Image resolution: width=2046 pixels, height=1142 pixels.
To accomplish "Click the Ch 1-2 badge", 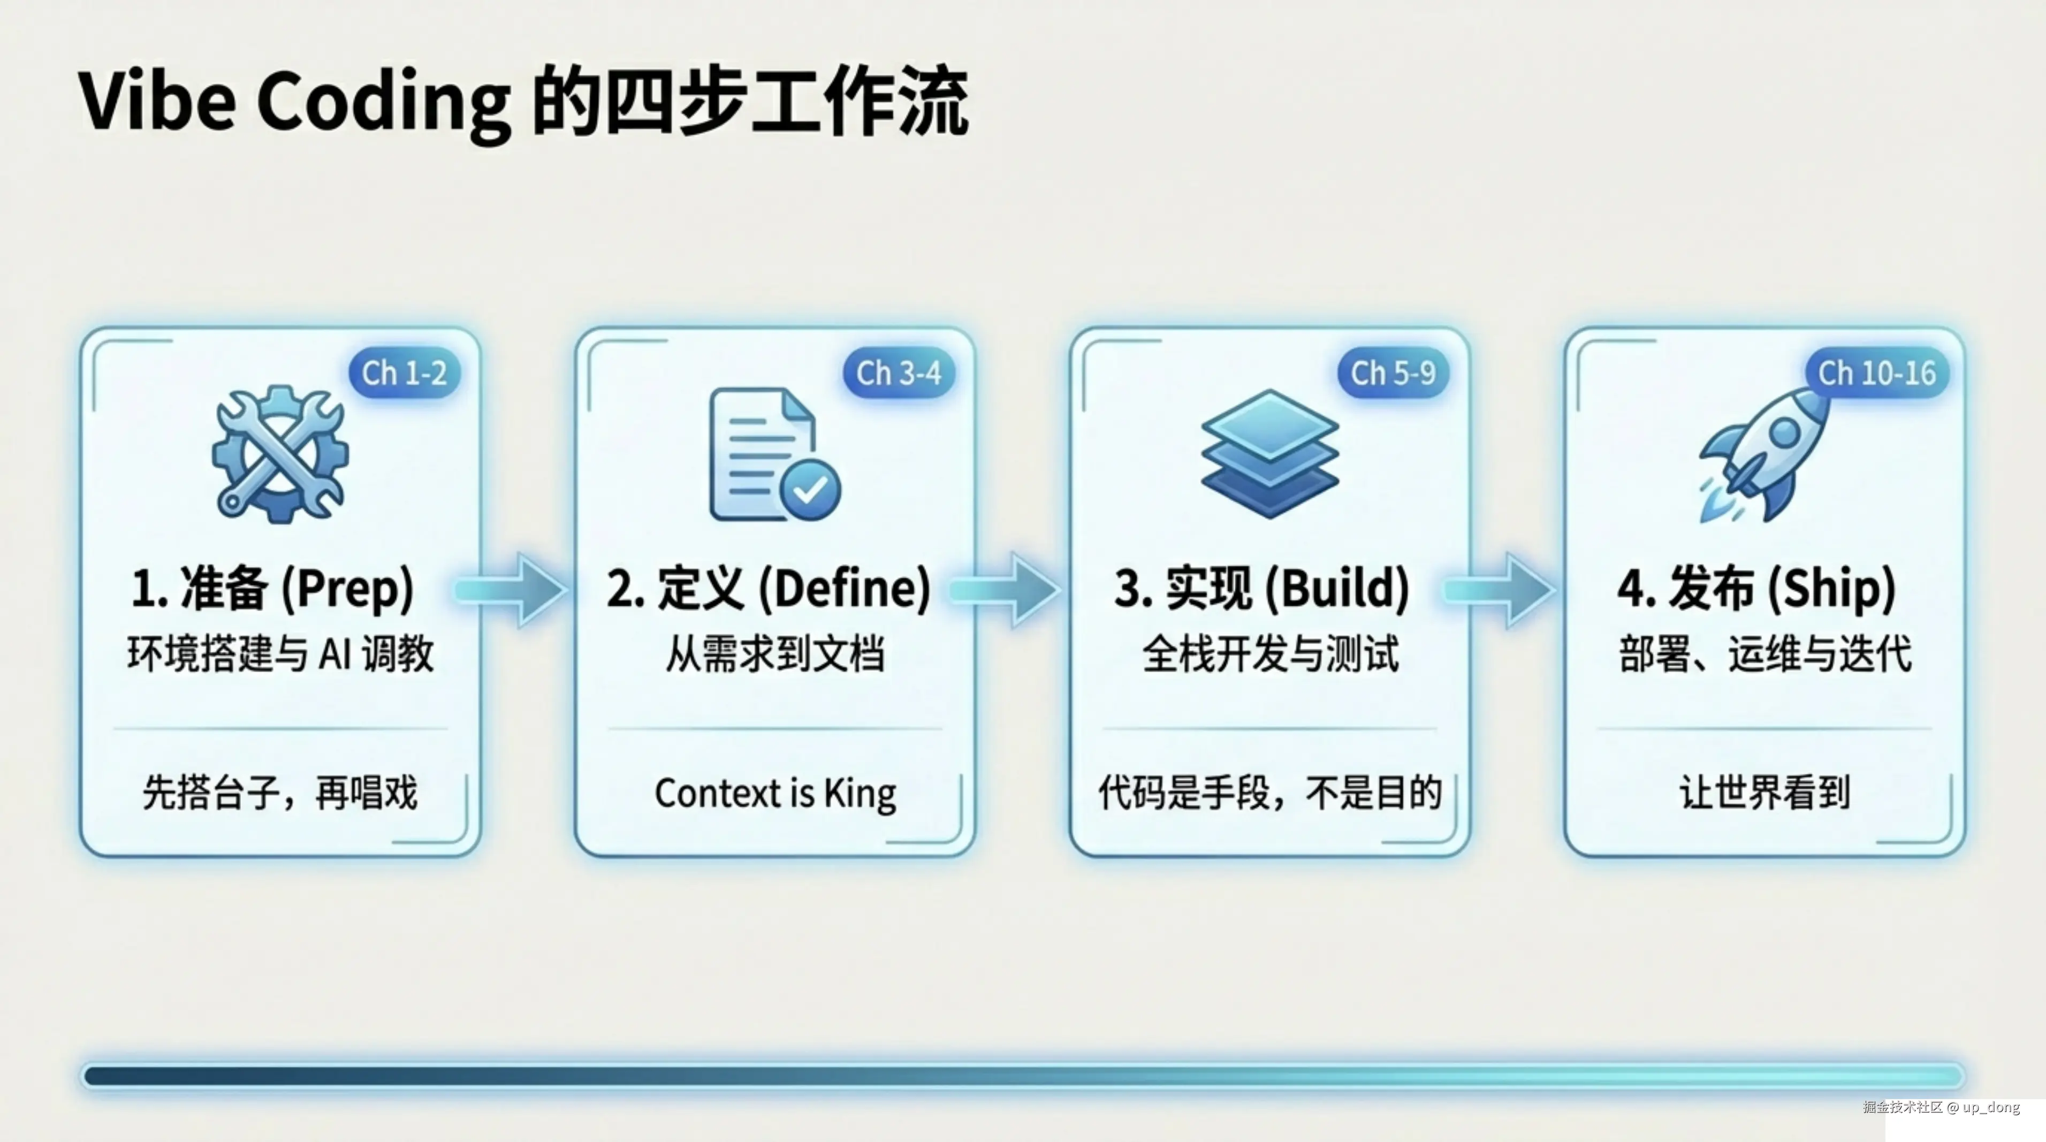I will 404,372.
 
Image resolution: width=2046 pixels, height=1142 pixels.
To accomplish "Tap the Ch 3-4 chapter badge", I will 898,372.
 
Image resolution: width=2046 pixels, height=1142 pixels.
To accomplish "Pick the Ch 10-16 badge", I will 1877,372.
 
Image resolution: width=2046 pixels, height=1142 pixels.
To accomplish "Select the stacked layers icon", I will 1270,454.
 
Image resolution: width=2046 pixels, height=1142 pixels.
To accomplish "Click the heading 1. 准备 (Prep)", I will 272,589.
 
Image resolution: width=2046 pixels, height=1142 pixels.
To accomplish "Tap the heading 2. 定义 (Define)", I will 768,589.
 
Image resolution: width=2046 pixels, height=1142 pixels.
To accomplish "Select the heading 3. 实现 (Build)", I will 1261,589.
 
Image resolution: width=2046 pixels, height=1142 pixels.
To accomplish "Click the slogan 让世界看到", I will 1764,793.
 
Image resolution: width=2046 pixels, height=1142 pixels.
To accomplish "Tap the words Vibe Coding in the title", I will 294,102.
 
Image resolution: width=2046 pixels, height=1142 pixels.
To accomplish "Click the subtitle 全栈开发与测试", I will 1270,654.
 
